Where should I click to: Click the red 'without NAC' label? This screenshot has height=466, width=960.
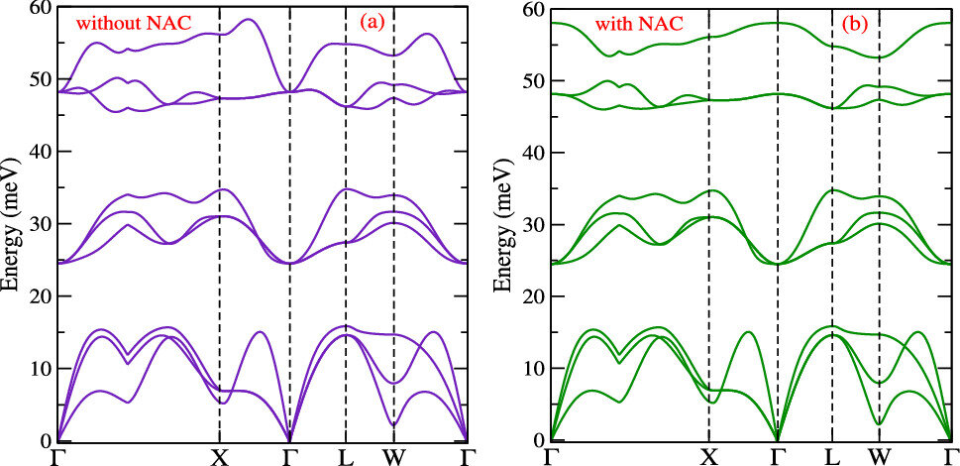(x=126, y=26)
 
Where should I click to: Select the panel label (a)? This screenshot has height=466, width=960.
(x=372, y=24)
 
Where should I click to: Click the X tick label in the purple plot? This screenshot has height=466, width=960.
(x=219, y=457)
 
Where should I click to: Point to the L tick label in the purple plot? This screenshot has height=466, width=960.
(x=346, y=457)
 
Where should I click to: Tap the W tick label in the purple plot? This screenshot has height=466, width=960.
(x=393, y=457)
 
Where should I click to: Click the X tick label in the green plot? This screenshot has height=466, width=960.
(x=709, y=457)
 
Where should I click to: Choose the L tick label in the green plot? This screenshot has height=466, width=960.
(x=831, y=457)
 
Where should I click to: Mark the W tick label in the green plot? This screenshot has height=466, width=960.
(x=880, y=457)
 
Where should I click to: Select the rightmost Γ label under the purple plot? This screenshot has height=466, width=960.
(x=468, y=457)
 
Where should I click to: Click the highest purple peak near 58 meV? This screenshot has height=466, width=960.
(x=249, y=19)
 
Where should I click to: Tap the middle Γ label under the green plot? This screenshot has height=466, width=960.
(x=778, y=457)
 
